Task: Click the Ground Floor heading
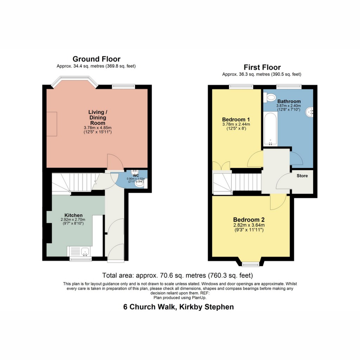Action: click(x=96, y=59)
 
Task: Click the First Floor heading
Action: click(x=262, y=67)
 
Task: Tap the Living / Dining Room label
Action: click(x=97, y=117)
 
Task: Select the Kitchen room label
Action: click(x=73, y=215)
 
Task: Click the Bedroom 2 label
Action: click(x=249, y=219)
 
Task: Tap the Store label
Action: click(x=302, y=175)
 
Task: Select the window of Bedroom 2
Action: click(x=251, y=264)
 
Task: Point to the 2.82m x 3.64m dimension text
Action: click(x=249, y=225)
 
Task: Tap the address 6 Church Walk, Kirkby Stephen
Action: click(x=178, y=307)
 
